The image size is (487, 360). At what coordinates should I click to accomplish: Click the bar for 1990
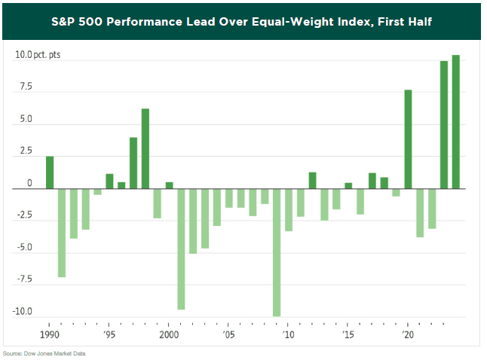coord(50,172)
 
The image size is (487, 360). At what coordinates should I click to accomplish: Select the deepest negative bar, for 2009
coord(277,252)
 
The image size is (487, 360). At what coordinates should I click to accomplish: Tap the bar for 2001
coord(181,249)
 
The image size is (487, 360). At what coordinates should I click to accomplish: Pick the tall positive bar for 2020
coord(408,139)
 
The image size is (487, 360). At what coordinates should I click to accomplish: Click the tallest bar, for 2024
coord(455,122)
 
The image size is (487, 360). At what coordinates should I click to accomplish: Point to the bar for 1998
coord(145,149)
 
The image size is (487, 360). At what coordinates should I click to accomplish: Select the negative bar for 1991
coord(62,233)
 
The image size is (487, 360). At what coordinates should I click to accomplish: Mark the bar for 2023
coord(444,125)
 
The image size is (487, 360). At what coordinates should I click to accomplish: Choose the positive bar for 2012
coord(312,181)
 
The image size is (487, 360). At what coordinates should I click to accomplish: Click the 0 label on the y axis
coord(29,184)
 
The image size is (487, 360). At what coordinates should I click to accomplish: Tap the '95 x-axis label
coord(109,334)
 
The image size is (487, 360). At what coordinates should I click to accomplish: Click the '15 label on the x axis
coord(348,334)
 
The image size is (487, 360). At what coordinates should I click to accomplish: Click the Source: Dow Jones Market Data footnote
coord(43,352)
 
